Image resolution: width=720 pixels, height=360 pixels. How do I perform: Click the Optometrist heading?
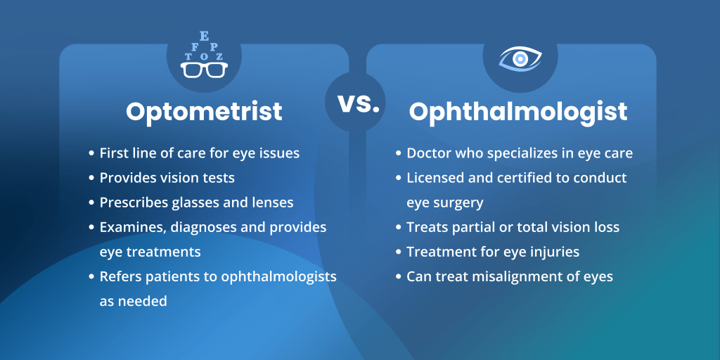coord(204,111)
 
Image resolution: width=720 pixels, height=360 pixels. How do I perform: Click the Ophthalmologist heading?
coord(518,111)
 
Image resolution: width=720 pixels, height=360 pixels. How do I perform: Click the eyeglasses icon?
coord(204,70)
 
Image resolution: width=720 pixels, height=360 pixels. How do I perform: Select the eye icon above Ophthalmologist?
coord(520,58)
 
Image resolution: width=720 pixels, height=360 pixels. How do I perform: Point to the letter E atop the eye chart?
coord(204,37)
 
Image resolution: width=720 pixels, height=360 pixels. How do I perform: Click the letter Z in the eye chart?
coord(219,57)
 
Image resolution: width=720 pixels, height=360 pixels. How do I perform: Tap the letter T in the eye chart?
coord(188,57)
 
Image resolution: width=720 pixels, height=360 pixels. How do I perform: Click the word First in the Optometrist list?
coord(114,153)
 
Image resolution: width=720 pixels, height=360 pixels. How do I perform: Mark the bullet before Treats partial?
coord(398,227)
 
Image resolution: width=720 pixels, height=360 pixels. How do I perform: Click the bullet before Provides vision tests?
coord(91,178)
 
